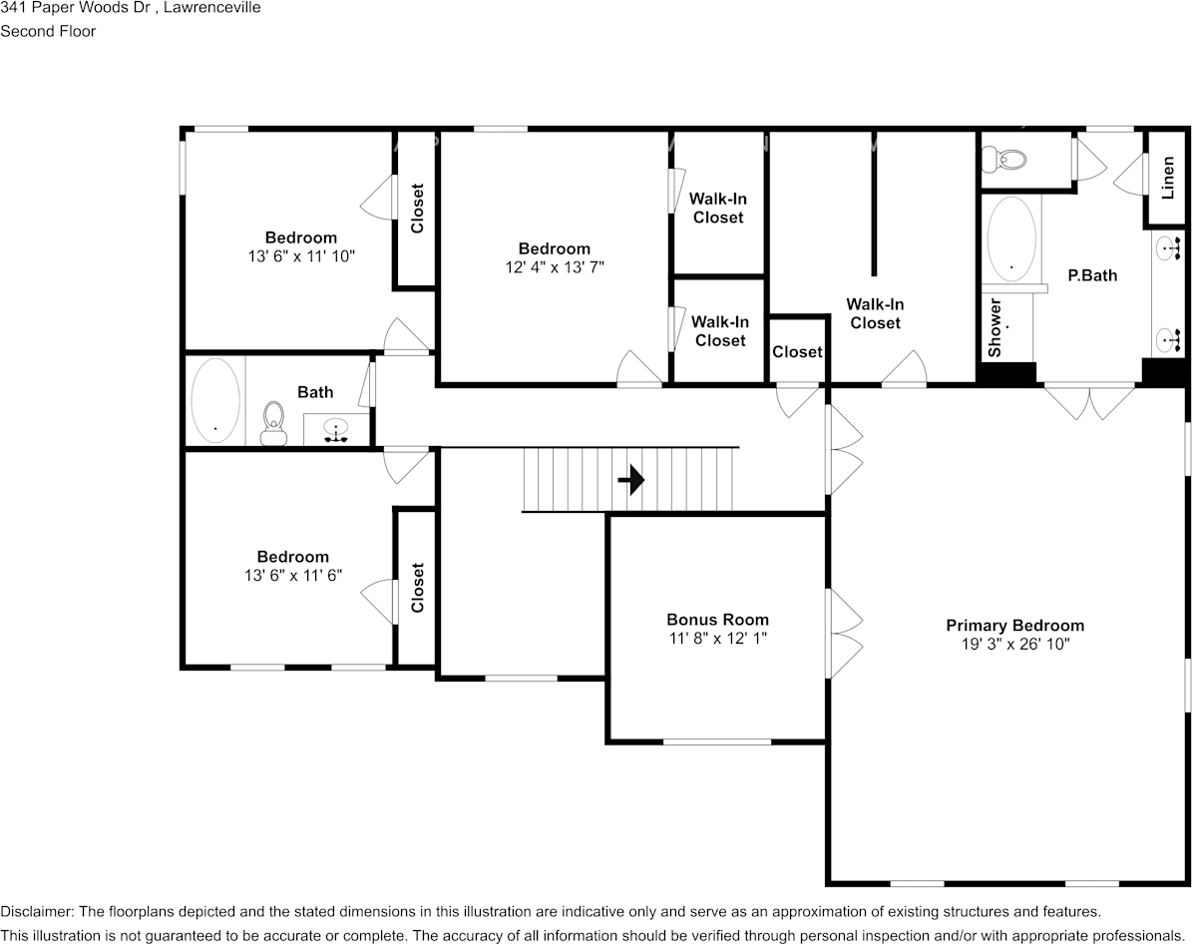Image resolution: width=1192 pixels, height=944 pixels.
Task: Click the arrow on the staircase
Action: [630, 481]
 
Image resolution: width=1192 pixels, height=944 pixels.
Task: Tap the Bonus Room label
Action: [717, 619]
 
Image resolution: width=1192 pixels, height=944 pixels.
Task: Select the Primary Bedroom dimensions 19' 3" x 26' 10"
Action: [1014, 645]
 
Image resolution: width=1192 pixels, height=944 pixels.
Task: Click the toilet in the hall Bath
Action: [272, 423]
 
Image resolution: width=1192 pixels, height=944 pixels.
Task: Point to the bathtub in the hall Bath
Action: [215, 400]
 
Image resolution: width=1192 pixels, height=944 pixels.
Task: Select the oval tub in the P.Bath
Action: [1011, 238]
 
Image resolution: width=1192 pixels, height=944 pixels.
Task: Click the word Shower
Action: [994, 327]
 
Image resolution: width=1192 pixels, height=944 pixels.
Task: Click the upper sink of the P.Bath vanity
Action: [1168, 245]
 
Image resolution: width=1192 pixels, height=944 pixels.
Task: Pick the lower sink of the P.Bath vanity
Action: [1168, 340]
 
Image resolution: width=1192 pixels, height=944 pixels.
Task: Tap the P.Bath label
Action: [1092, 275]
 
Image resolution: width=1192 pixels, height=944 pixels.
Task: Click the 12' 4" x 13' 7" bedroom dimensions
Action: [554, 267]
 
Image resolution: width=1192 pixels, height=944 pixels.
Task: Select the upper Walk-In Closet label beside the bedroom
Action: [718, 208]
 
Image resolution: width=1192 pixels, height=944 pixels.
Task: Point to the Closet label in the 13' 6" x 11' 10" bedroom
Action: [417, 208]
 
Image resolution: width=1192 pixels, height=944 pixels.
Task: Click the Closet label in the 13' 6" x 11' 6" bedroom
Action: [417, 588]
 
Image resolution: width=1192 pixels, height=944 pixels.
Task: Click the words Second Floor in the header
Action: [48, 31]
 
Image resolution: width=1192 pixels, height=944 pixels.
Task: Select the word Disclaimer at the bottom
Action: [35, 911]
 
